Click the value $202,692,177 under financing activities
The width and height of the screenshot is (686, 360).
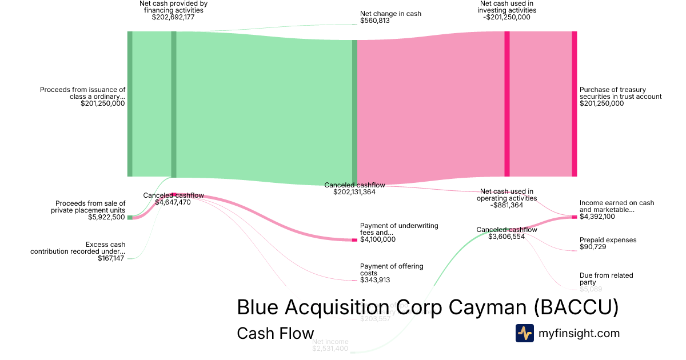[173, 17]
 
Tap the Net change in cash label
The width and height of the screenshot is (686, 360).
[390, 13]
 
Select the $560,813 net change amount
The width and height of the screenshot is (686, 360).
[374, 21]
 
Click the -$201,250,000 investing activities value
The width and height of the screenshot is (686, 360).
[506, 17]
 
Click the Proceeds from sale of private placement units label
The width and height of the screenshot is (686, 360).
[90, 207]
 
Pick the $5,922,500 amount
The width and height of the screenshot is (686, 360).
[106, 217]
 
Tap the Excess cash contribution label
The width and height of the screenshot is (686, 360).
[78, 248]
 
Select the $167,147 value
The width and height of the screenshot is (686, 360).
[111, 258]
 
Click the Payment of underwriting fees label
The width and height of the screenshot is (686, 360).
[399, 229]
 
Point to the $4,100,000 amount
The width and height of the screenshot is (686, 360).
[377, 239]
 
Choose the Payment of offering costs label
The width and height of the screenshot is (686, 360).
[392, 270]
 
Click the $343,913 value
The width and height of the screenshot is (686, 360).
[374, 280]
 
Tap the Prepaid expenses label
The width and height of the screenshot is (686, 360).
[608, 240]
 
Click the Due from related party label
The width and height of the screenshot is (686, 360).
[606, 279]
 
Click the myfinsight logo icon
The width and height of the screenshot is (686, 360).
[524, 333]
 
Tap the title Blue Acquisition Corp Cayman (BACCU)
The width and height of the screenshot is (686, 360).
[428, 307]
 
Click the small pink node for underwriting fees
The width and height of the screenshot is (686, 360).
[354, 240]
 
